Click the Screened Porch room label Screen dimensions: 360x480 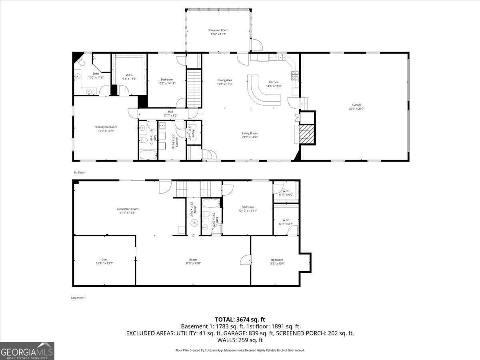click(218, 32)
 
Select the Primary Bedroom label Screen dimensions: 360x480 click(106, 129)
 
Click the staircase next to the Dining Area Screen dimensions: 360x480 click(194, 88)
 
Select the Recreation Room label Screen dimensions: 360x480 click(127, 210)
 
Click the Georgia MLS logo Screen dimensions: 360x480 click(27, 351)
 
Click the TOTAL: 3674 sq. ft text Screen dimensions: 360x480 click(240, 319)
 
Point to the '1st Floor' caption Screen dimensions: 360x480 click(79, 172)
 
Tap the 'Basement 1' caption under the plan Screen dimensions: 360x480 click(78, 298)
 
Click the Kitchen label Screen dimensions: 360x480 click(274, 84)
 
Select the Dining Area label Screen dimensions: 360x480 click(224, 82)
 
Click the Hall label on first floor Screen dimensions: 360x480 click(170, 114)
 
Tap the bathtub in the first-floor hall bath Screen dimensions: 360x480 click(148, 154)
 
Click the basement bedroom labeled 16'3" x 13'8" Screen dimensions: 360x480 click(276, 261)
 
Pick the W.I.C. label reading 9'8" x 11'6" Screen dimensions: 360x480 click(129, 76)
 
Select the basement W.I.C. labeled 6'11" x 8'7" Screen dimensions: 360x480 click(286, 222)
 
